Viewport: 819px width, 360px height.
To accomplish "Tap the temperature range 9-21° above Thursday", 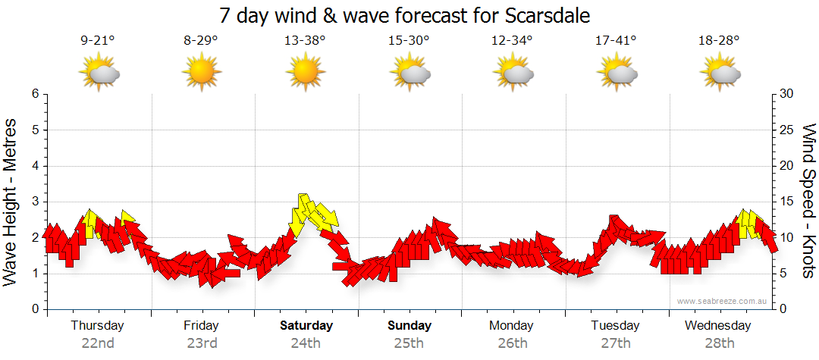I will tap(97, 41).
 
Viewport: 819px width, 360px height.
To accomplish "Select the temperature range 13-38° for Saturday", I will tap(305, 41).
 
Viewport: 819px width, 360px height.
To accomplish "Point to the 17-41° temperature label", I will tap(616, 41).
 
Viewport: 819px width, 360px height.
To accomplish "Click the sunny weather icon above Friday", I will tap(202, 74).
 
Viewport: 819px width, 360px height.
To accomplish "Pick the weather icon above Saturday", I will tap(305, 74).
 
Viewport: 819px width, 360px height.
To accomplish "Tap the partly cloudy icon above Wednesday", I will tap(720, 74).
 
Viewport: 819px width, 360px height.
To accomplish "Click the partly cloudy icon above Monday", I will tap(513, 74).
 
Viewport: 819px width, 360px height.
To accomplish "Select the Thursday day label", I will tap(97, 325).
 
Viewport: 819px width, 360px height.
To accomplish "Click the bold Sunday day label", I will tap(409, 325).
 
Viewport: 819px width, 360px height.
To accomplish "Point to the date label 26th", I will tap(513, 343).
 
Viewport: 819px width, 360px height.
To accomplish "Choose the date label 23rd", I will tap(202, 343).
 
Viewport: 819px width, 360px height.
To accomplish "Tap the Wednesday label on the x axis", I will tap(717, 325).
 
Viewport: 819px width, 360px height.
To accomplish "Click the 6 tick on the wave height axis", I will tap(34, 94).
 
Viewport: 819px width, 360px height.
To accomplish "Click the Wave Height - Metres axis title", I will tap(11, 201).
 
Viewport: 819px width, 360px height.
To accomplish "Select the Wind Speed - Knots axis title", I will tap(808, 201).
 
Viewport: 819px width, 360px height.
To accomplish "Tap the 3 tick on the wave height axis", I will tap(34, 202).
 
